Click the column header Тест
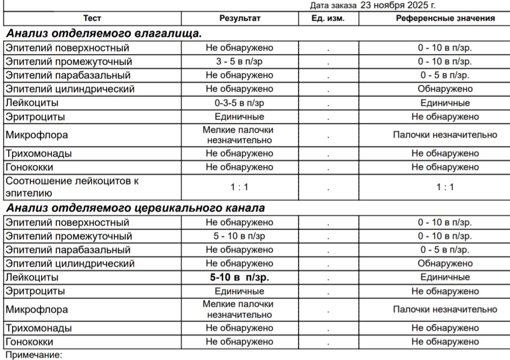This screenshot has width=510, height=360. point(92,19)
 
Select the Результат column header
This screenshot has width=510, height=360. point(239,19)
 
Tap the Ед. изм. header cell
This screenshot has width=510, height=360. point(328,19)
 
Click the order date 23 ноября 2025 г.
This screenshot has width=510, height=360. point(398,6)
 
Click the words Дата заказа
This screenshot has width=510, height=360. point(334,6)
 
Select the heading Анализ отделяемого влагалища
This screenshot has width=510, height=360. point(104,34)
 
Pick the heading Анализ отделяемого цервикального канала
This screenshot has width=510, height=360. point(136,208)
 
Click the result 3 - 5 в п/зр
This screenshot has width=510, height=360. point(239,62)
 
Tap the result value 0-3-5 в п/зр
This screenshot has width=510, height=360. point(239,103)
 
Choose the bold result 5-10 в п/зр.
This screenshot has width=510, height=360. point(239,277)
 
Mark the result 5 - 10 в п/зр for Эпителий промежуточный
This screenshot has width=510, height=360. point(239,236)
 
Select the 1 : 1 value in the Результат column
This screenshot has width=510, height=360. point(239,187)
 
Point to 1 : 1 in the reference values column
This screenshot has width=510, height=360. point(445,187)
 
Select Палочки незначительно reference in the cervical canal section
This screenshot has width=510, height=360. point(445,310)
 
